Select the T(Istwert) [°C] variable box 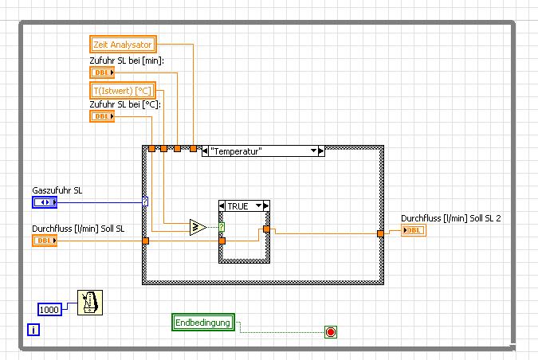click(120, 90)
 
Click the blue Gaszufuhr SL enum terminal click(45, 202)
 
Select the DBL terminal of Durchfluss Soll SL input click(45, 241)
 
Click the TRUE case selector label click(238, 205)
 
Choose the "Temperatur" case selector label click(259, 151)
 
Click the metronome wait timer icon click(89, 303)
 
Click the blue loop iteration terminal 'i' click(33, 329)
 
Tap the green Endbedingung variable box click(203, 323)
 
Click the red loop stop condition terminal click(330, 331)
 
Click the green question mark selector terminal click(222, 227)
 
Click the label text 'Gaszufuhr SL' click(57, 190)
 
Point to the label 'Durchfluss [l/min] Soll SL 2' click(450, 218)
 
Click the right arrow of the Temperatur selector click(320, 151)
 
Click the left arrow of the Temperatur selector click(205, 151)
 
